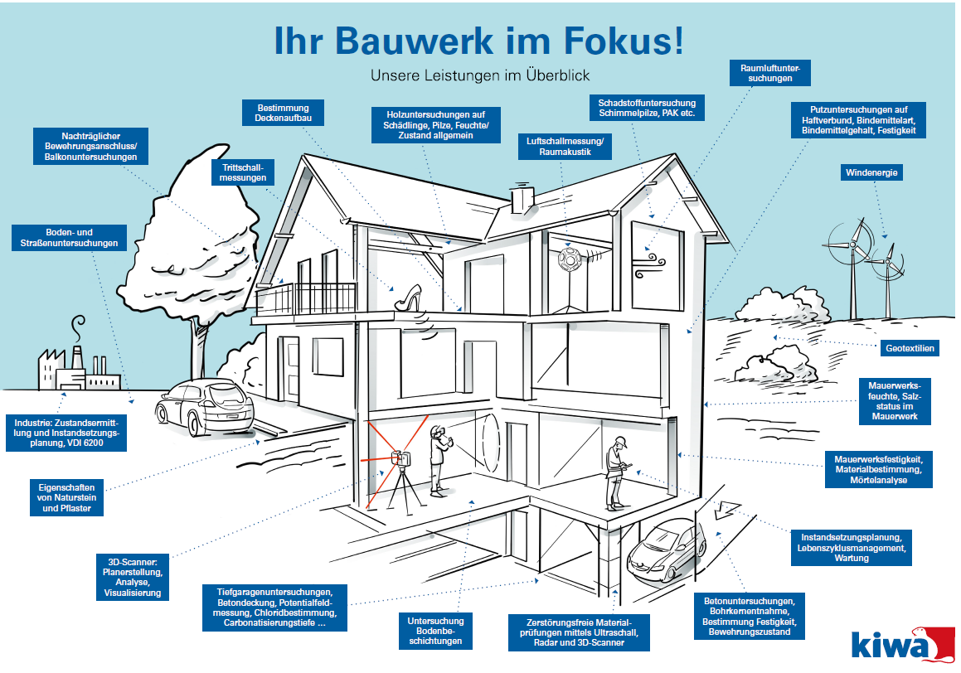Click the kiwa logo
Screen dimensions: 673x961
[898, 644]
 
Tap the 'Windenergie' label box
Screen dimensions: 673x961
[871, 173]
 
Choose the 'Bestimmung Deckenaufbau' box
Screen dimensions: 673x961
[283, 114]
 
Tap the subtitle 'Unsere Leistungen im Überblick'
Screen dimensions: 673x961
[480, 75]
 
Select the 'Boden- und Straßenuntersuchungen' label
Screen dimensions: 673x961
[70, 238]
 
